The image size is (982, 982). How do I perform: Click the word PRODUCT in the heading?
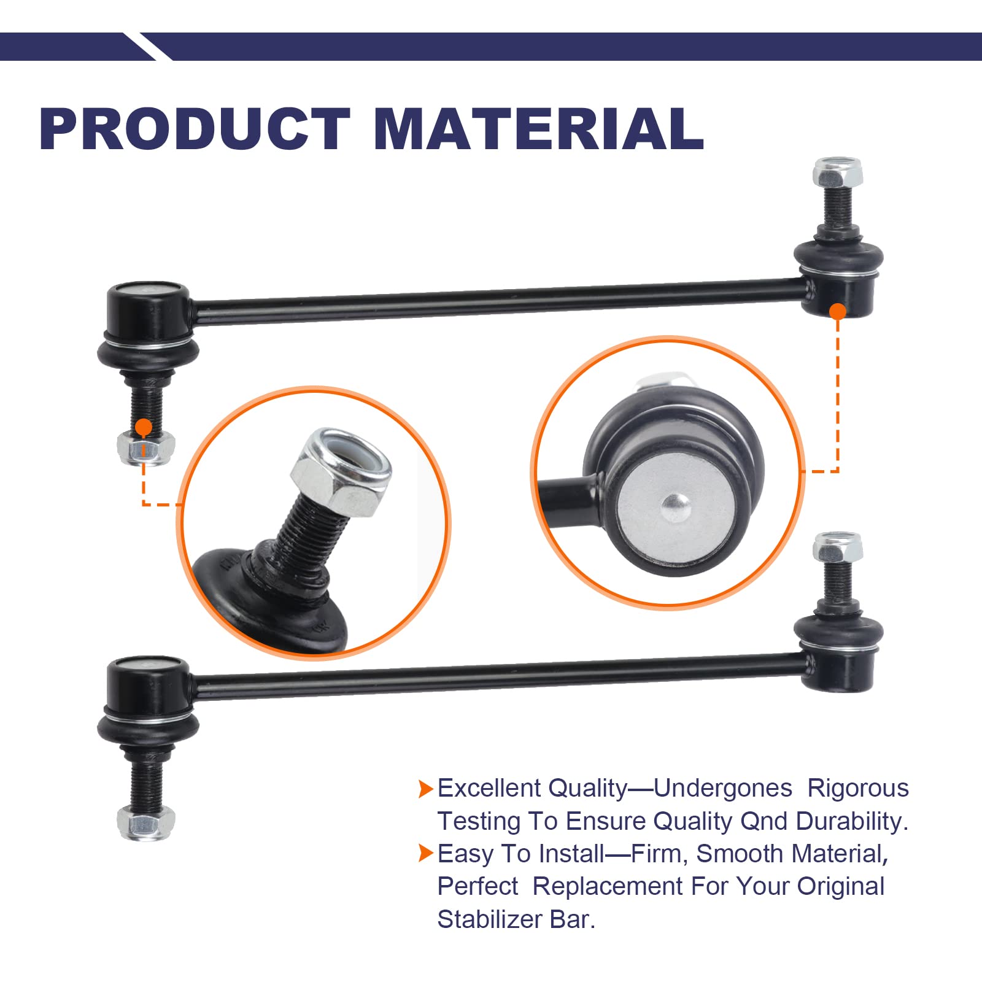[x=195, y=129]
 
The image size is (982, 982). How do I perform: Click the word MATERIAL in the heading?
[x=538, y=129]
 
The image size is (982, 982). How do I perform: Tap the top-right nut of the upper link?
[x=838, y=173]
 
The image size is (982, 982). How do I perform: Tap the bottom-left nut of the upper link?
[x=146, y=448]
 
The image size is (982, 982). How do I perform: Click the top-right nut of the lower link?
[x=838, y=547]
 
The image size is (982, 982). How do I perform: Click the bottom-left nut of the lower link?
[x=146, y=822]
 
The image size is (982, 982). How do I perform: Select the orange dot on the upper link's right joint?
[x=838, y=311]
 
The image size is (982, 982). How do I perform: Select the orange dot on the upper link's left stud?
[x=144, y=427]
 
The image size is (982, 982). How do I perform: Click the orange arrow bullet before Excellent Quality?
[x=425, y=789]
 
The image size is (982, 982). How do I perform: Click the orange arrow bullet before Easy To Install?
[x=425, y=853]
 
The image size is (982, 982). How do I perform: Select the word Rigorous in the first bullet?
[x=857, y=789]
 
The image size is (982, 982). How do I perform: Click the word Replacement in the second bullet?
[x=608, y=886]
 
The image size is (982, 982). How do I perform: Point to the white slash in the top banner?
[x=147, y=47]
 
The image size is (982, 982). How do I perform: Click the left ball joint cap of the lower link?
[x=147, y=682]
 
